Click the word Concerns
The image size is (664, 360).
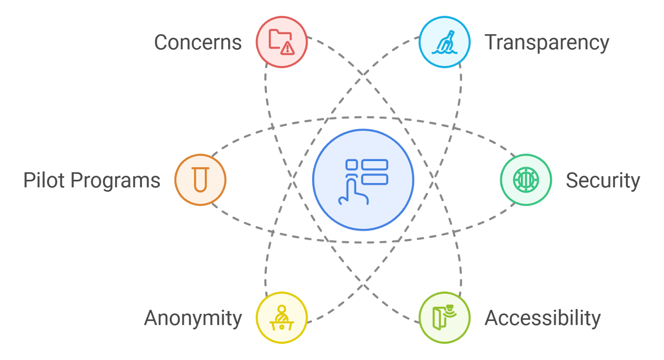[198, 42]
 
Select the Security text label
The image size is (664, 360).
[603, 181]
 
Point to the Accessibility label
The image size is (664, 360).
[542, 318]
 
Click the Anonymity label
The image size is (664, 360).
[193, 318]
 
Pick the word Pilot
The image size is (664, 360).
[44, 181]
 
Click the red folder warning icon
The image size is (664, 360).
[281, 42]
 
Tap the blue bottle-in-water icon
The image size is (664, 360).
[444, 42]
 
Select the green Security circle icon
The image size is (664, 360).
[526, 180]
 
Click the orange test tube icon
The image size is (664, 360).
[200, 180]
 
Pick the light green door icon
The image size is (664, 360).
[444, 318]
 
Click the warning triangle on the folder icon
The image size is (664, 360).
[287, 48]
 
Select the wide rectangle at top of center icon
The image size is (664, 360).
[375, 165]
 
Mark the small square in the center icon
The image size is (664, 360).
[352, 165]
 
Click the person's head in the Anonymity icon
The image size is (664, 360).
[282, 309]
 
